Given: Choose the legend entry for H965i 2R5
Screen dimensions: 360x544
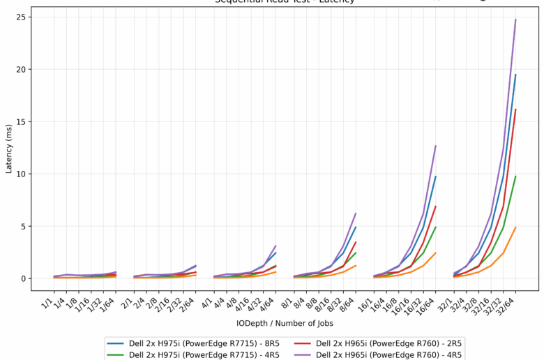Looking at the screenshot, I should (389, 343).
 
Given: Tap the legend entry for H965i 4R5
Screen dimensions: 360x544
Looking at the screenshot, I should (389, 354).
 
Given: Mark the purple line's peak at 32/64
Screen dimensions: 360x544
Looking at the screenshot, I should (515, 20).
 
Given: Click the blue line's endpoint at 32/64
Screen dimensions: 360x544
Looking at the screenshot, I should (515, 75).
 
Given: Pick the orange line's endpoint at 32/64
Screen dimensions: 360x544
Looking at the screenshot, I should (515, 227).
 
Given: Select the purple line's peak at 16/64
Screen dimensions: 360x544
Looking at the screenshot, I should (435, 146).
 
